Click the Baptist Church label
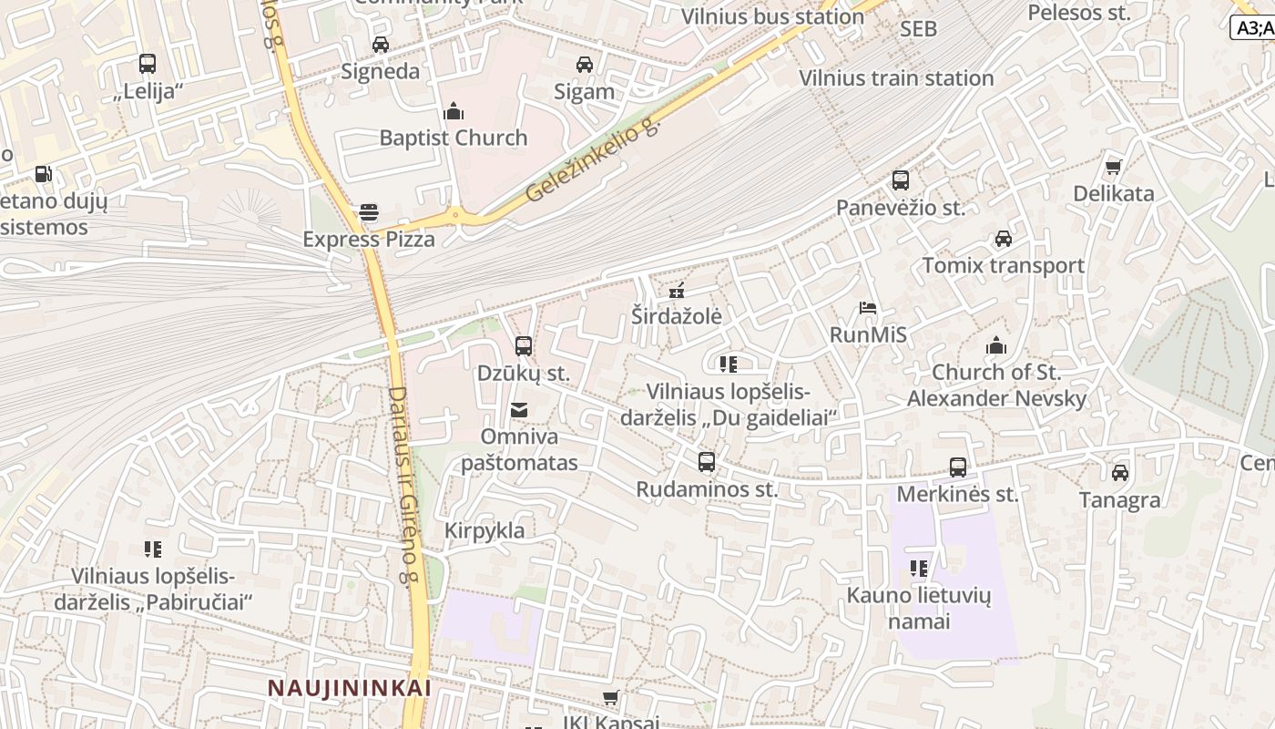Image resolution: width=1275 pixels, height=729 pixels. (453, 138)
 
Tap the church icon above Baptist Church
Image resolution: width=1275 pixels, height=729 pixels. (453, 112)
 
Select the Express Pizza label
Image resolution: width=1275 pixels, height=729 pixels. (369, 239)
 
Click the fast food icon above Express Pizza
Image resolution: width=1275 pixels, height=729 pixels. (369, 212)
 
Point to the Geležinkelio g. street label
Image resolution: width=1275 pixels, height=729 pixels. (592, 160)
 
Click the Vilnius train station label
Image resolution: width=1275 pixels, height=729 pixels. (896, 78)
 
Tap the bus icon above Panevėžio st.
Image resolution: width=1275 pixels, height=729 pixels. (901, 180)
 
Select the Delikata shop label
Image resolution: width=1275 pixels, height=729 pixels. (1113, 193)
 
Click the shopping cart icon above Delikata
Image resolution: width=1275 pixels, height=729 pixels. (1113, 167)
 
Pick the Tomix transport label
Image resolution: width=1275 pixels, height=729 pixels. (1004, 265)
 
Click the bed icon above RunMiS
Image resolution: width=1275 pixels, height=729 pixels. (868, 308)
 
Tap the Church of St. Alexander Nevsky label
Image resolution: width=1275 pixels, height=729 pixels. (996, 385)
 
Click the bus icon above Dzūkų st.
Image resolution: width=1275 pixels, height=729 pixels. (524, 346)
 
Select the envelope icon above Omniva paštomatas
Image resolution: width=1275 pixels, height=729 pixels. (519, 410)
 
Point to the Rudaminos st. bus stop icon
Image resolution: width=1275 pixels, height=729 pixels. (707, 462)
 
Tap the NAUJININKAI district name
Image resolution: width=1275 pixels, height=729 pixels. (349, 688)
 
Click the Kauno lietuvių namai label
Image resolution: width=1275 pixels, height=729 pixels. (919, 609)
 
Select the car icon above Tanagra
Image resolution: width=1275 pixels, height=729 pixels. (1120, 473)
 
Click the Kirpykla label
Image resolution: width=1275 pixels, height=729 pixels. (484, 530)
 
